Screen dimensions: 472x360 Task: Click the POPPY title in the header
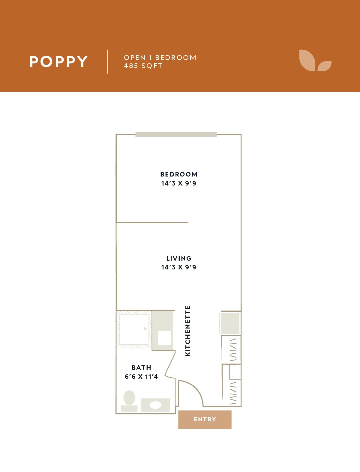click(x=58, y=61)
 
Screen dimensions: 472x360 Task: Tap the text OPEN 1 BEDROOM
click(x=160, y=58)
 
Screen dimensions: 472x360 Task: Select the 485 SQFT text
click(x=143, y=66)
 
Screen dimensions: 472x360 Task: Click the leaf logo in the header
click(x=315, y=61)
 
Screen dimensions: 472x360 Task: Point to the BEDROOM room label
click(x=179, y=174)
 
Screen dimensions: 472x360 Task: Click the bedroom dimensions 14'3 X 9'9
click(x=179, y=183)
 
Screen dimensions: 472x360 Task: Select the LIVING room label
click(x=179, y=258)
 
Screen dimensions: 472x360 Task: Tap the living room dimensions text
click(x=179, y=267)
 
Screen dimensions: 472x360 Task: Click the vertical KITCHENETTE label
click(x=188, y=331)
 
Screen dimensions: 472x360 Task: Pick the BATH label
click(x=141, y=368)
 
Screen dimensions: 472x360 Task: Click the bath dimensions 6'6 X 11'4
click(x=141, y=377)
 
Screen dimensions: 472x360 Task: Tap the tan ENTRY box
click(x=205, y=419)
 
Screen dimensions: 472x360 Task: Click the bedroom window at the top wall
click(x=176, y=134)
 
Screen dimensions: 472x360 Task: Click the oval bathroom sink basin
click(x=155, y=405)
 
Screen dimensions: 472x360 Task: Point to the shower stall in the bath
click(x=134, y=329)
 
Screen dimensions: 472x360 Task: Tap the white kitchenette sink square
click(x=164, y=338)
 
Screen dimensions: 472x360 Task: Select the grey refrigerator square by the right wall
click(x=230, y=323)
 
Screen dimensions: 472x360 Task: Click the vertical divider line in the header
click(x=108, y=61)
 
